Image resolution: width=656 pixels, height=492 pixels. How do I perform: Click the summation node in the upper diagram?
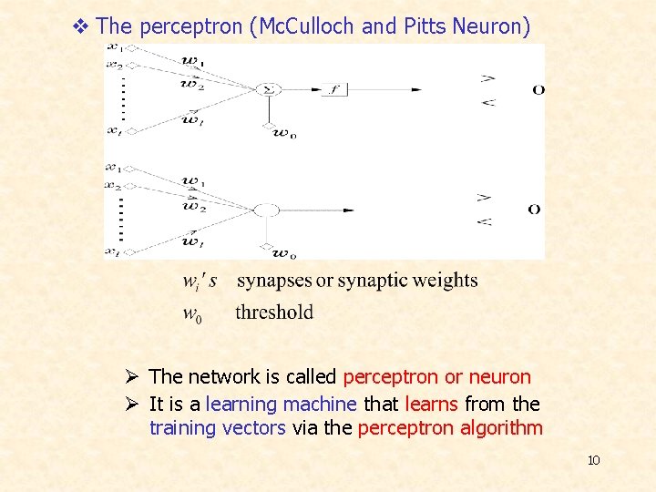click(269, 89)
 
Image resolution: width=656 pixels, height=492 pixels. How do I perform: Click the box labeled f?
click(333, 89)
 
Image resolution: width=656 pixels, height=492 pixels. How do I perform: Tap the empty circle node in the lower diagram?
click(266, 210)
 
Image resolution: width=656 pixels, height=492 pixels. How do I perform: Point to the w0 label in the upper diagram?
click(283, 134)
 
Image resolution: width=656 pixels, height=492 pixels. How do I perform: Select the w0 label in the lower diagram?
click(283, 254)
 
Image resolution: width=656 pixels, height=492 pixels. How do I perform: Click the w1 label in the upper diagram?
click(192, 62)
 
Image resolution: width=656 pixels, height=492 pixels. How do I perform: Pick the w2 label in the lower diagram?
click(192, 206)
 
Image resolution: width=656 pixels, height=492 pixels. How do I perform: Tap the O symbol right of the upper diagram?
click(538, 89)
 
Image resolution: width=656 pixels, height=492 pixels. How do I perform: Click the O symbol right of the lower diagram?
click(535, 210)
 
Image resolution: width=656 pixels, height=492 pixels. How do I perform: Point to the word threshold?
click(273, 313)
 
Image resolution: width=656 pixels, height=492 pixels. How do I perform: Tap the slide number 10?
click(593, 460)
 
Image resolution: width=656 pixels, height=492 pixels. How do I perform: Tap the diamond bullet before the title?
click(80, 26)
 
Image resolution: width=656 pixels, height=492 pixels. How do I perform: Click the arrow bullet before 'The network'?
click(133, 377)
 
